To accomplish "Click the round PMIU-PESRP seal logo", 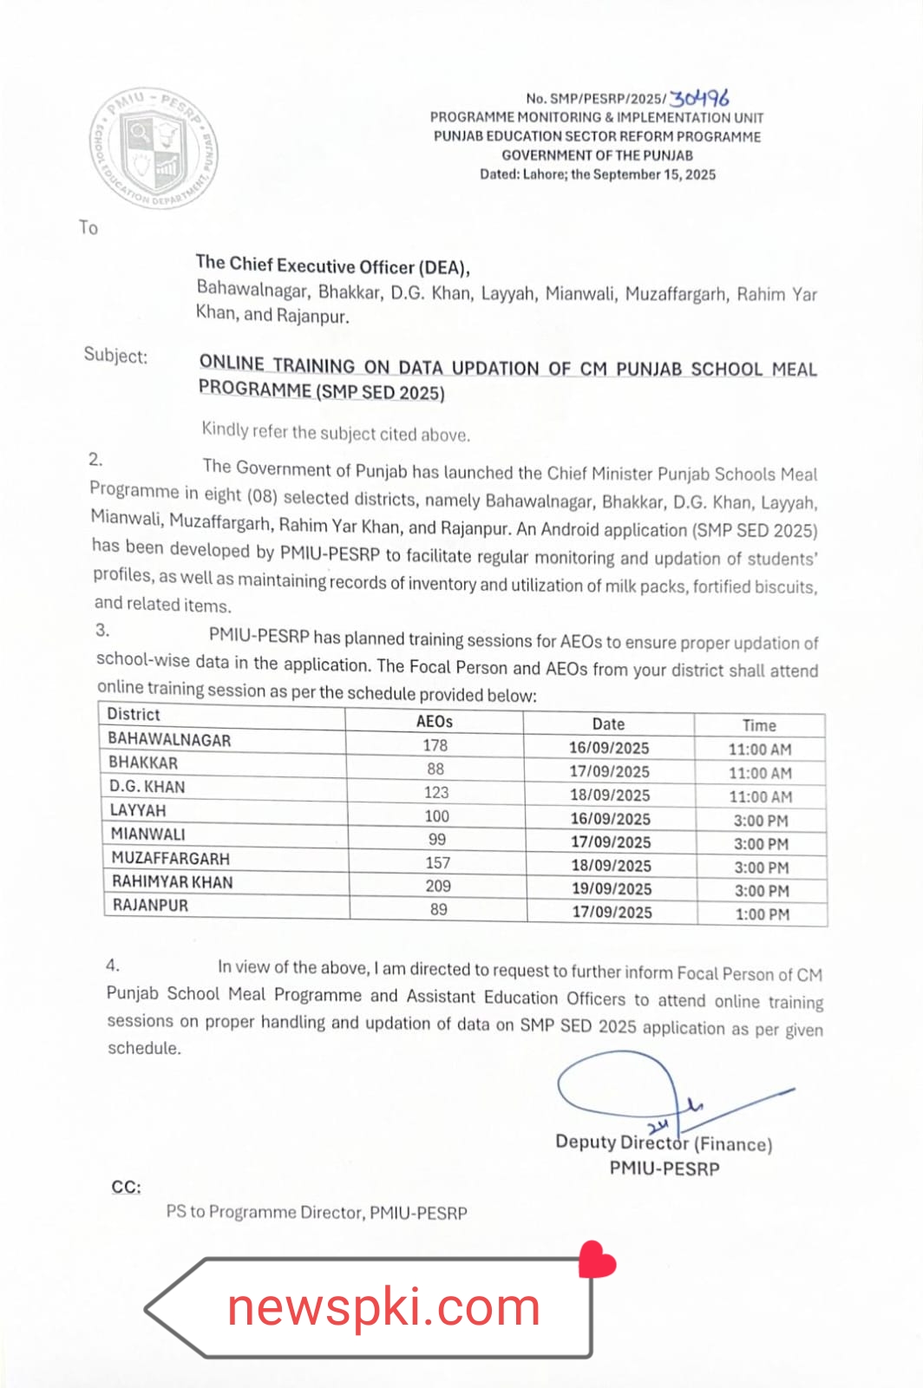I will (154, 148).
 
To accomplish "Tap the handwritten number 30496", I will (700, 98).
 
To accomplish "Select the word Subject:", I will (115, 356).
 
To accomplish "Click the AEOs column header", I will (434, 722).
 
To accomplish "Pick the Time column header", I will (759, 725).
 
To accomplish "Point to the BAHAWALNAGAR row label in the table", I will (169, 740).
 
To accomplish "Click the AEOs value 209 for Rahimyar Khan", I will (438, 886).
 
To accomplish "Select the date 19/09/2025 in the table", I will (612, 889).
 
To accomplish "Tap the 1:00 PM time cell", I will (763, 914).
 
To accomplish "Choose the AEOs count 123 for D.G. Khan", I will (436, 792).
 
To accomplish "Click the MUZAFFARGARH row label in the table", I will (171, 859).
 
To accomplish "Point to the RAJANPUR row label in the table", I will (150, 905).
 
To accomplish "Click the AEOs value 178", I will (435, 745).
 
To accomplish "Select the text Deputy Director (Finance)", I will (664, 1143).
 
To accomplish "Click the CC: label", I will (126, 1187).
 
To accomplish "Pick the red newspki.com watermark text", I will (383, 1307).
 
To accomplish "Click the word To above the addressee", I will (88, 227).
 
